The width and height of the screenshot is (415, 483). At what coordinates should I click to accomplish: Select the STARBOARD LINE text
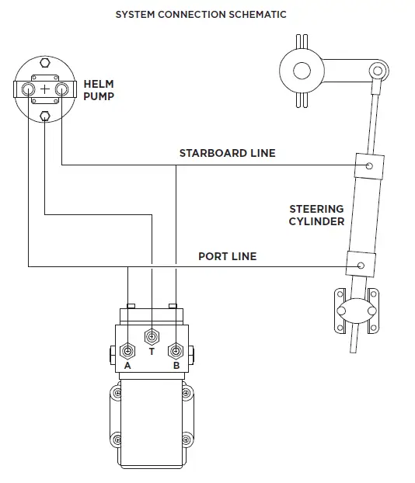[x=227, y=153]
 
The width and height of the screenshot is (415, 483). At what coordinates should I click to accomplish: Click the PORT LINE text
[x=227, y=255]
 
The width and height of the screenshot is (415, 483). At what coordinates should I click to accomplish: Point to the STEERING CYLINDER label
[x=316, y=215]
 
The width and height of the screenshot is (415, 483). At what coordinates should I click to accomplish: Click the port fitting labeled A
[x=128, y=349]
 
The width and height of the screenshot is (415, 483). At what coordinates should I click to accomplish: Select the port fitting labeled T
[x=152, y=336]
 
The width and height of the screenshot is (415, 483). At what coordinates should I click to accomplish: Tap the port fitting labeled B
[x=176, y=349]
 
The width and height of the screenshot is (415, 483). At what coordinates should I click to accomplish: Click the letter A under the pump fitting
[x=128, y=365]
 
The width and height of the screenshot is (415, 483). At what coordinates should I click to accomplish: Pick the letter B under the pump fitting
[x=176, y=365]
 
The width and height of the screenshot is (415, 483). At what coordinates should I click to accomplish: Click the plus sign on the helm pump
[x=45, y=89]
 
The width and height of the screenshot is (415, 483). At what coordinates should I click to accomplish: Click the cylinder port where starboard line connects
[x=368, y=165]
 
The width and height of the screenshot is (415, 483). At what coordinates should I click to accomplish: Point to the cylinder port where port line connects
[x=359, y=265]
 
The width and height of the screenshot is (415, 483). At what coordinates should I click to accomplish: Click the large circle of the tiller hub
[x=301, y=73]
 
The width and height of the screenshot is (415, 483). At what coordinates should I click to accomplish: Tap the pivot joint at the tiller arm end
[x=378, y=69]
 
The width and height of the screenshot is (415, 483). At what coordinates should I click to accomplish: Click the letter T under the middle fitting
[x=152, y=351]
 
